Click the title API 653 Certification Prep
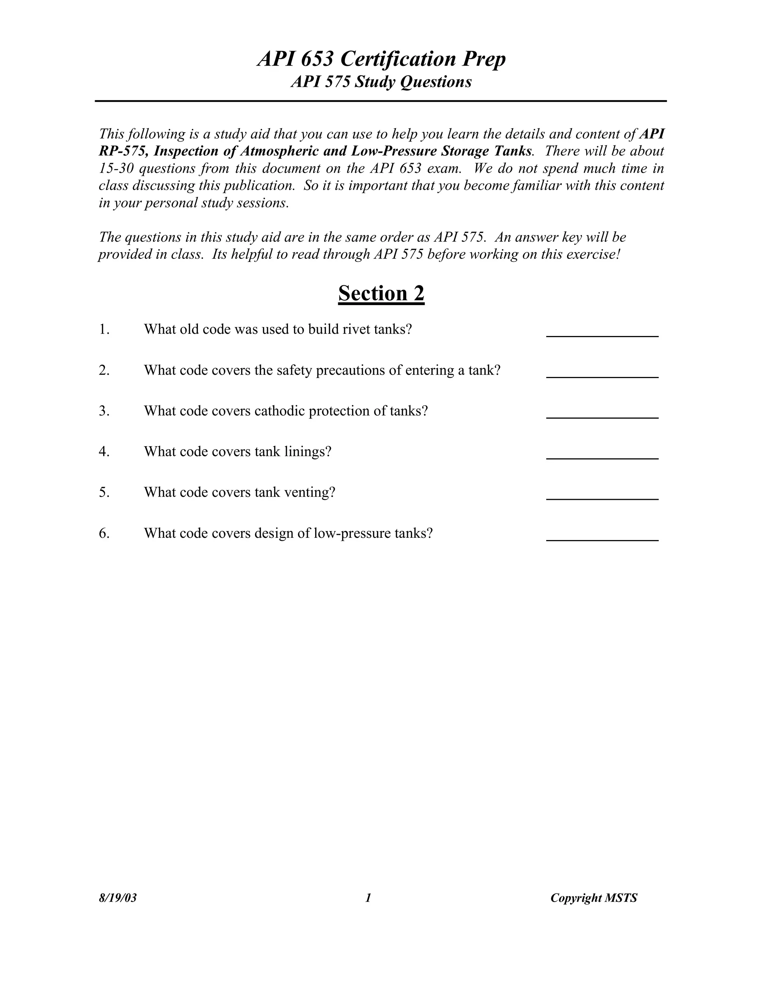click(x=381, y=59)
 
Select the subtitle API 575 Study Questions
click(x=381, y=82)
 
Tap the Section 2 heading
click(x=381, y=293)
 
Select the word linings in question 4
click(x=308, y=451)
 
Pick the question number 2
click(x=104, y=370)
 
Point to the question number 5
click(x=104, y=492)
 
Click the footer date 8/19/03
click(x=117, y=898)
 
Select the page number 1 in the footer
click(x=368, y=898)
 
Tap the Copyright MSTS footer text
click(x=593, y=898)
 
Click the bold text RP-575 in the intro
click(x=123, y=151)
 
